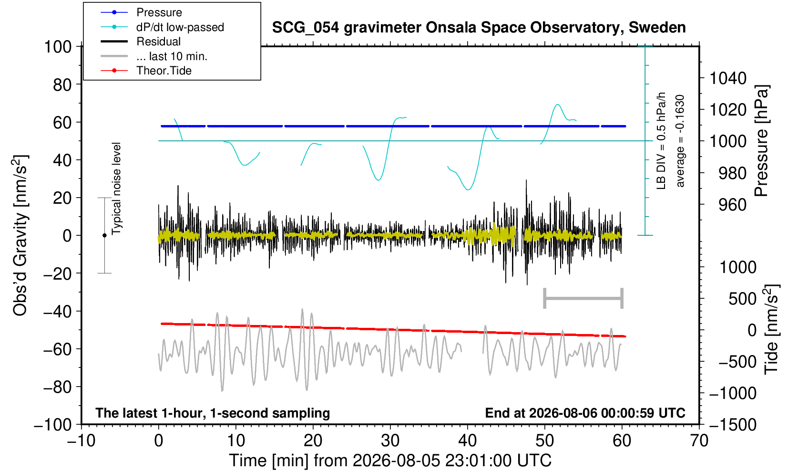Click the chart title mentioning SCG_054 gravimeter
click(x=479, y=28)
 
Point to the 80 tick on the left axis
click(x=62, y=85)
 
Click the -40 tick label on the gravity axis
click(x=57, y=312)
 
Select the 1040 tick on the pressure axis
click(x=728, y=78)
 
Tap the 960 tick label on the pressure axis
click(x=732, y=205)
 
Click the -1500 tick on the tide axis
click(x=733, y=425)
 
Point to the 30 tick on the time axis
click(x=390, y=441)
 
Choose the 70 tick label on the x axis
click(x=699, y=441)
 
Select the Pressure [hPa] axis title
click(x=761, y=141)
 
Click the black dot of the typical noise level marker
click(x=104, y=235)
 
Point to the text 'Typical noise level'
click(x=116, y=188)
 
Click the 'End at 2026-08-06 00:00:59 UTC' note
click(x=585, y=413)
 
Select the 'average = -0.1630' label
click(x=680, y=141)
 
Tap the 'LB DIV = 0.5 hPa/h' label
click(x=661, y=141)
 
